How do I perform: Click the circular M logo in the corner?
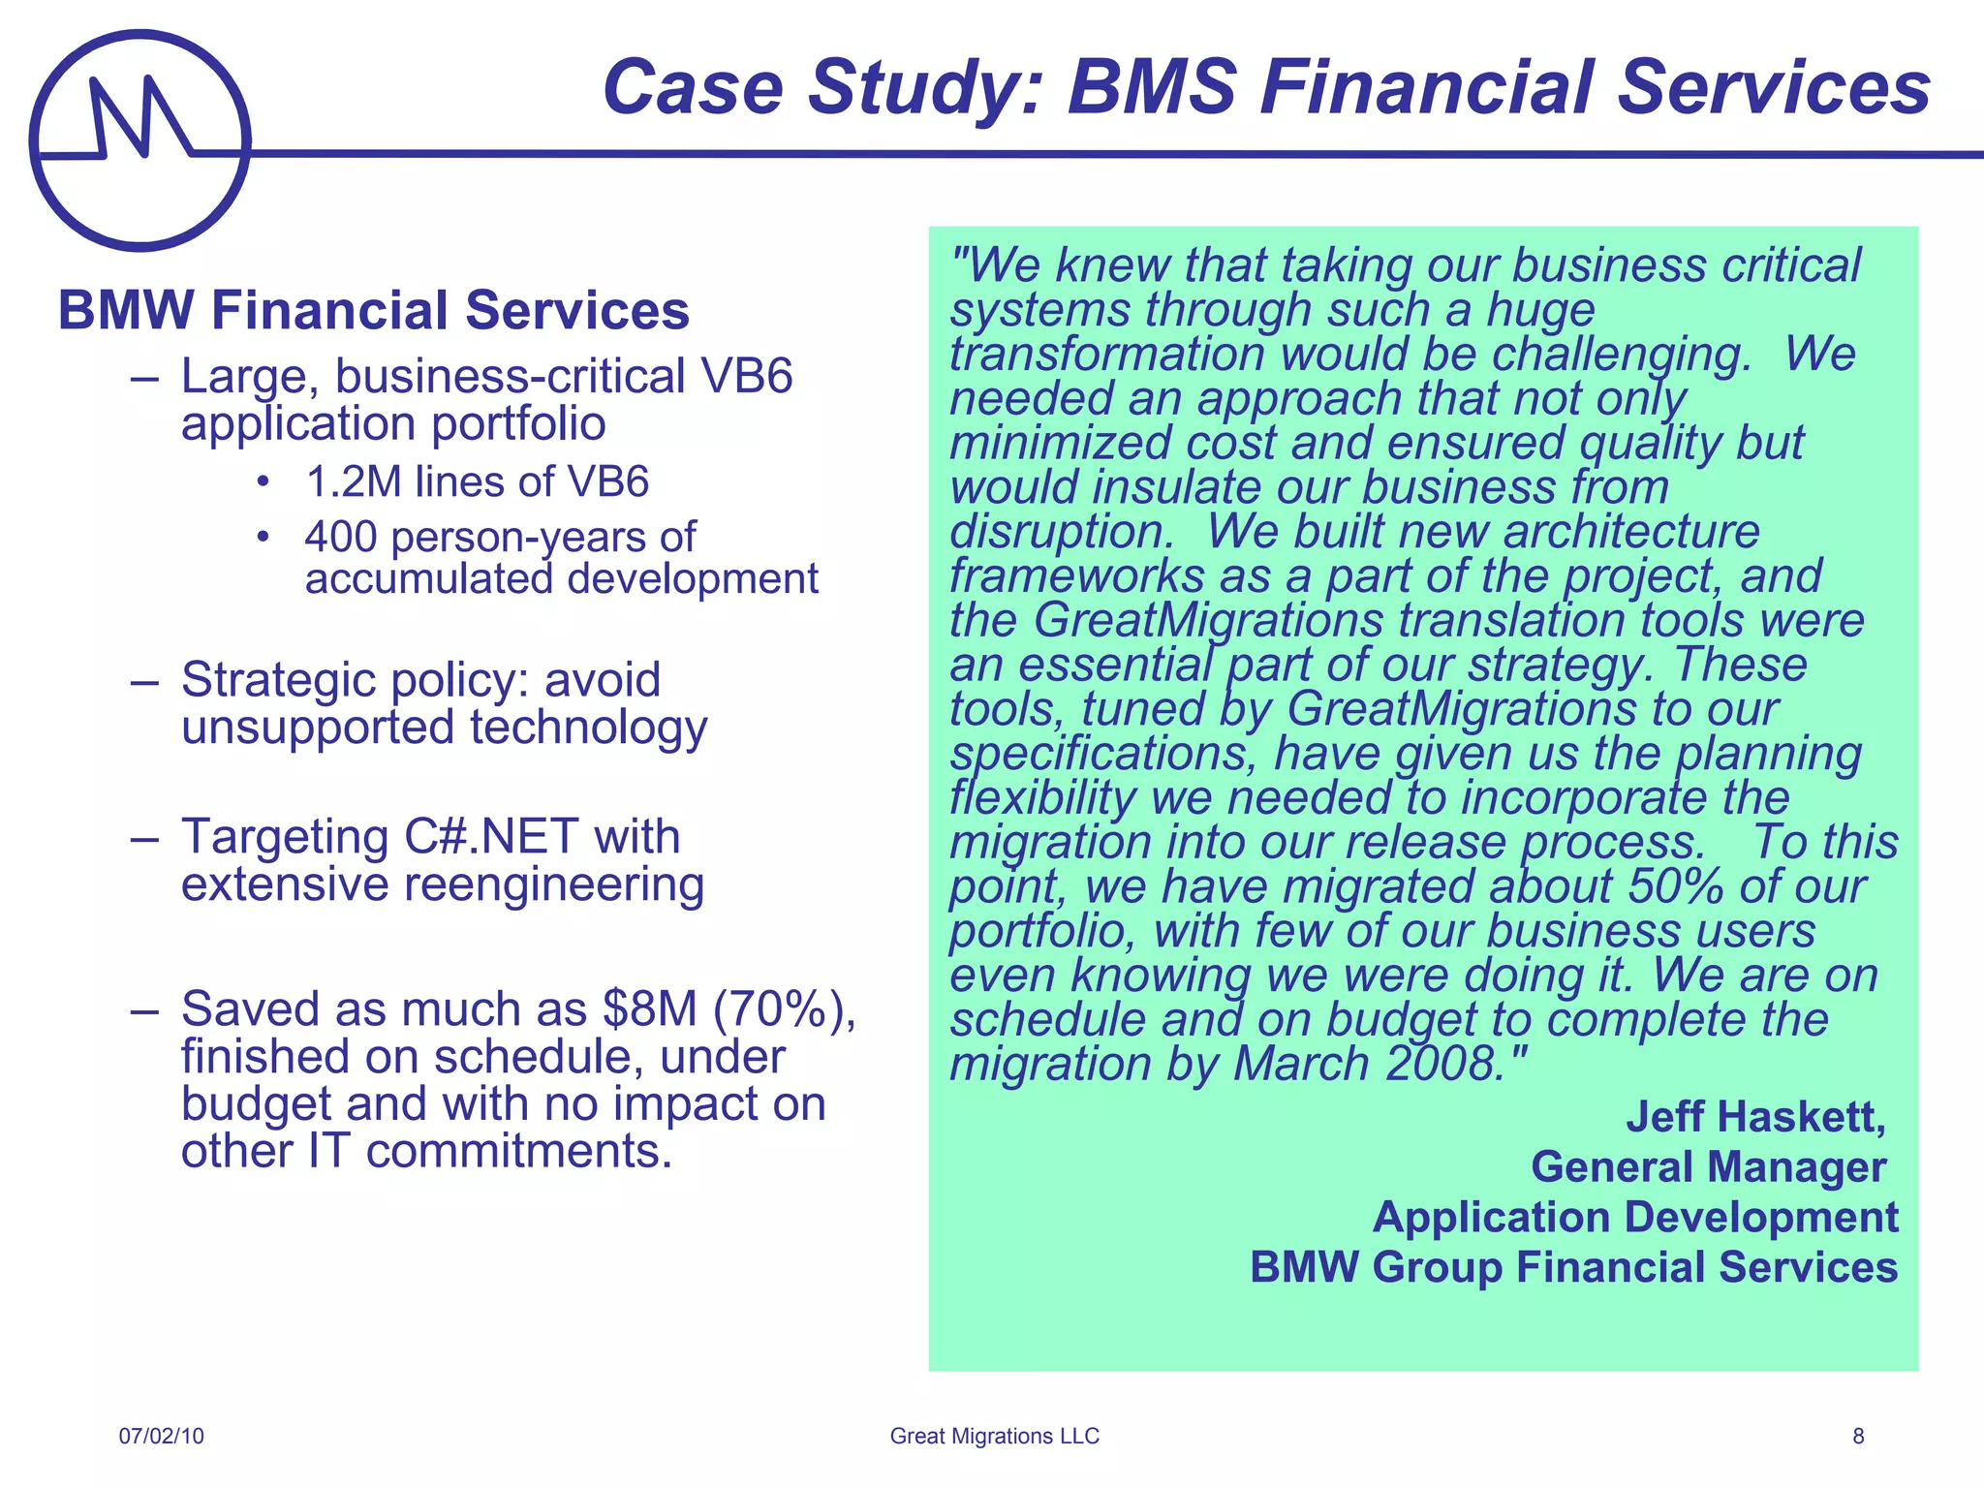point(140,140)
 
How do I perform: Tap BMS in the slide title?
point(1152,87)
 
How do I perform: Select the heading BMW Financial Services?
point(374,310)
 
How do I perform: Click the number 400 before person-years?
point(340,537)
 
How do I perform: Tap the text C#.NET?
point(491,836)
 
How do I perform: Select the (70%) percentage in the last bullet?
point(784,1008)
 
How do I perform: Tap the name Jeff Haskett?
point(1755,1116)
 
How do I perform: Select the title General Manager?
point(1709,1166)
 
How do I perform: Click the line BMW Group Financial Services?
point(1573,1267)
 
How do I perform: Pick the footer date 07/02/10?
point(162,1436)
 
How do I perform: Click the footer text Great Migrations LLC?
point(995,1436)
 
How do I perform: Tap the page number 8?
point(1858,1436)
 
